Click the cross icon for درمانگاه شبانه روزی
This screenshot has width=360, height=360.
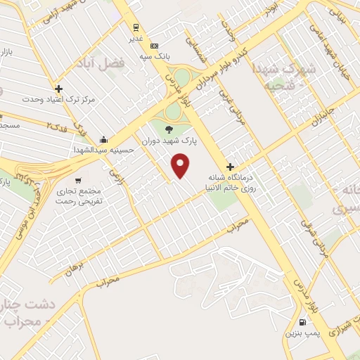[x=230, y=167]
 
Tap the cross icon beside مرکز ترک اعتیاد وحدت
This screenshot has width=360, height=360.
[x=58, y=89]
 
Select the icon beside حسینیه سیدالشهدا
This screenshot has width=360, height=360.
[x=103, y=139]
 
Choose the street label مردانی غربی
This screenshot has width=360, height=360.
[x=225, y=102]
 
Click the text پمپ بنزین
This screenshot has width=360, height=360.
[x=302, y=332]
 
